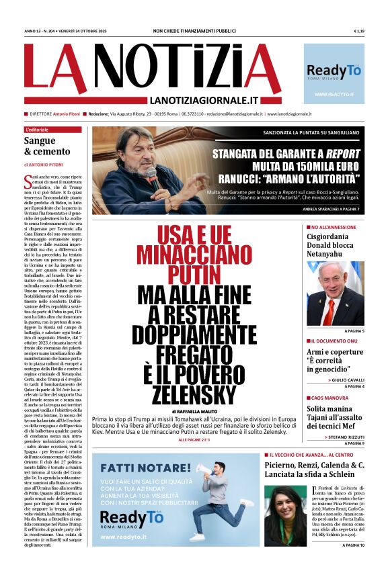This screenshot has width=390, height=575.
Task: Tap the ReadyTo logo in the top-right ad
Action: pos(334,71)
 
